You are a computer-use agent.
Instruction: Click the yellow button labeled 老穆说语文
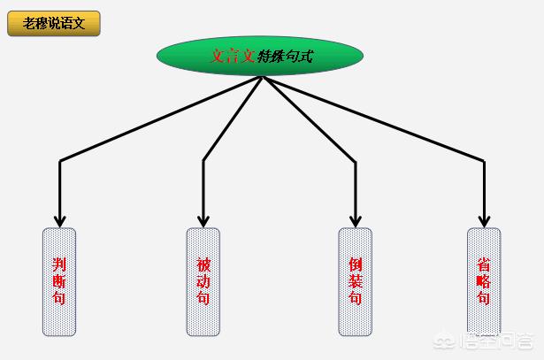coord(54,23)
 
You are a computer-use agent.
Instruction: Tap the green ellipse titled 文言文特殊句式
coord(260,56)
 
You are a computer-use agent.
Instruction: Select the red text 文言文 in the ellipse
coord(234,56)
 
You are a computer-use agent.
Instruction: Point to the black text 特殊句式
coord(285,56)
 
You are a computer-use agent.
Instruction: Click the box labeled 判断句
coord(59,281)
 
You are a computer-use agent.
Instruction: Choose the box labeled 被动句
coord(203,281)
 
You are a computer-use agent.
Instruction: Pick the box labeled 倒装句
coord(356,281)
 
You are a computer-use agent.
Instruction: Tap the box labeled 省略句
coord(484,281)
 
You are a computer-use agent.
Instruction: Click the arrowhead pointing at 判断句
coord(59,221)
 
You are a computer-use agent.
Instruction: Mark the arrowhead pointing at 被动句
coord(203,221)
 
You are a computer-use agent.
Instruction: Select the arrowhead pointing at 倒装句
coord(356,221)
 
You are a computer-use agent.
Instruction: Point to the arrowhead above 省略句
coord(484,221)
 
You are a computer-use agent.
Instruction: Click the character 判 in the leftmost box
coord(59,264)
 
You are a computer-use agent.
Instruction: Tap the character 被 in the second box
coord(203,265)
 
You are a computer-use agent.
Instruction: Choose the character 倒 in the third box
coord(356,264)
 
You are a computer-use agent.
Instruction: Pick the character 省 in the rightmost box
coord(484,264)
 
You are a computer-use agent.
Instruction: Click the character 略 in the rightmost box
coord(484,281)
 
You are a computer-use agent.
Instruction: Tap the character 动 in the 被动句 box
coord(203,281)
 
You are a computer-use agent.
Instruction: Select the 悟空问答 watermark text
coord(496,341)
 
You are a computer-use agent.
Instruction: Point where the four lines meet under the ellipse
coord(263,77)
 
